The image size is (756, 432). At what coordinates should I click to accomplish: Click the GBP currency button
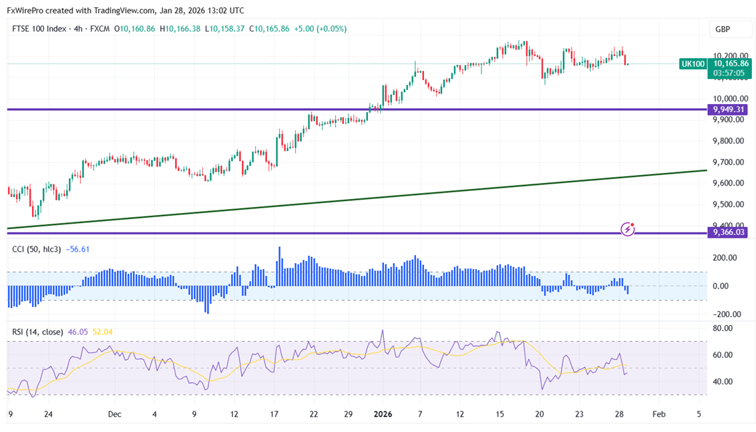tap(723, 29)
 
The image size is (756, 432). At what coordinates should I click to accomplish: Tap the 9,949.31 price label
tap(729, 110)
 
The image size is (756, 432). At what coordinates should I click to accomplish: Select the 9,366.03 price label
tap(729, 232)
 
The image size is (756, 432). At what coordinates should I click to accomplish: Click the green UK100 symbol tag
tap(692, 63)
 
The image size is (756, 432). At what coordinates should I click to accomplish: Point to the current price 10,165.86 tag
tap(731, 63)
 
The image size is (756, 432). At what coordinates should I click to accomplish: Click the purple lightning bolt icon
tap(628, 230)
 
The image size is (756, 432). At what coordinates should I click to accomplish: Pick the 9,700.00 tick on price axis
tap(729, 162)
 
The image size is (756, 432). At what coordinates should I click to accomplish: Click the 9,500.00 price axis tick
tap(729, 204)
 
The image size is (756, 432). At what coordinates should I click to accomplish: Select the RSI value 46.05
tap(78, 331)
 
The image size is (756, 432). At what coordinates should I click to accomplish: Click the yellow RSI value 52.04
tap(103, 331)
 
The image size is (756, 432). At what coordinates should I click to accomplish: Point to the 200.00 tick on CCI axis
tap(725, 258)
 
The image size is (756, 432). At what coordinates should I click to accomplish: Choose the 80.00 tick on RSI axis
tap(723, 329)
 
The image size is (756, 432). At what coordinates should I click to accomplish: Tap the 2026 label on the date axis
tap(383, 414)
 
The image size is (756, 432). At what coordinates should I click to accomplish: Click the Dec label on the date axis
tap(114, 414)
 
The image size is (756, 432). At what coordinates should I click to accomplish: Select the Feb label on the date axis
tap(658, 414)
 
